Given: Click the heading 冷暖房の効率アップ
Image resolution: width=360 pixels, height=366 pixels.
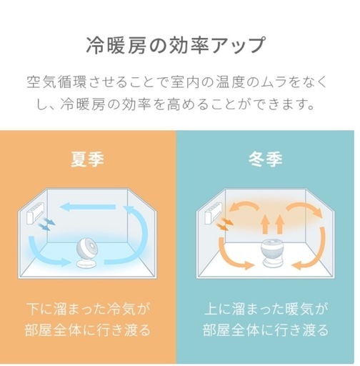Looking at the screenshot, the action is [x=175, y=45].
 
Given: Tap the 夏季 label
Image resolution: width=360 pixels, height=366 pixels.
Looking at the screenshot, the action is [x=87, y=159].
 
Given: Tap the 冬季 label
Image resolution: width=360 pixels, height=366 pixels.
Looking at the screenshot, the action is [x=265, y=159].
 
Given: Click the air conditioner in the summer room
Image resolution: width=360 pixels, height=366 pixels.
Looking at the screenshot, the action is [x=36, y=213].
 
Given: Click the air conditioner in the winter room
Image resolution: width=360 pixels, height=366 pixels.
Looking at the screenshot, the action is [x=213, y=213].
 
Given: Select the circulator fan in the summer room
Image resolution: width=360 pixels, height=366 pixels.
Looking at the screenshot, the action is [x=86, y=253].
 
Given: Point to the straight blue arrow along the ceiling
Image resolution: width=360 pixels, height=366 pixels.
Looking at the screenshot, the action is [x=88, y=207].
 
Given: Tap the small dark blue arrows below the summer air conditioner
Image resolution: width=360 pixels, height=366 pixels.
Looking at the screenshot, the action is [x=47, y=223].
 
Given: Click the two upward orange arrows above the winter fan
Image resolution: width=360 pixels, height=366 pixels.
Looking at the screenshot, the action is [x=272, y=224].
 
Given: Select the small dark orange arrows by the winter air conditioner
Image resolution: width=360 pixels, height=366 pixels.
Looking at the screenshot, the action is [x=224, y=224].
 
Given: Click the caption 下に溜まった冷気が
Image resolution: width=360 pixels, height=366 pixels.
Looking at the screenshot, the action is [x=88, y=309].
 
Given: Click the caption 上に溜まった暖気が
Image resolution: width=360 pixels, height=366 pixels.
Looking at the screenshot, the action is [x=266, y=309].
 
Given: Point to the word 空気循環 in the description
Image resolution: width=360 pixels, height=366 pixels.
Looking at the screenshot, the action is [x=56, y=82].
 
